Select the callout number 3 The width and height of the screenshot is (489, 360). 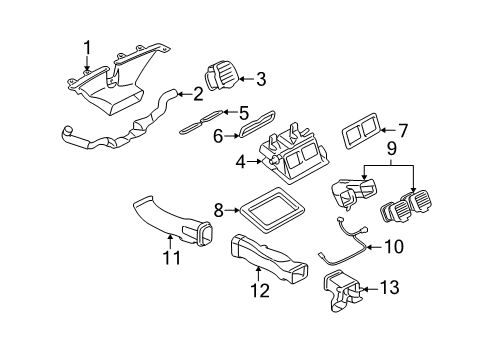pyautogui.click(x=261, y=78)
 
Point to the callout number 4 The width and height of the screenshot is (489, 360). pyautogui.click(x=240, y=160)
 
